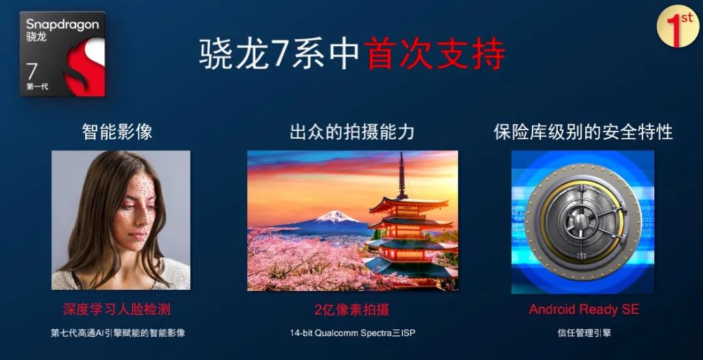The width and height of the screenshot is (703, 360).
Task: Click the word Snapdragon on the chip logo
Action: pos(62,25)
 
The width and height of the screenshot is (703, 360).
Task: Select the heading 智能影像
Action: pos(117,132)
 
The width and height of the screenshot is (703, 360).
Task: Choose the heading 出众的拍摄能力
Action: pos(352,132)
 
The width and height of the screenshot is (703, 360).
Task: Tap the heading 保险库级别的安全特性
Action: pos(583,132)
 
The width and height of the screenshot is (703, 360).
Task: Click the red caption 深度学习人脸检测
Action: pos(117,309)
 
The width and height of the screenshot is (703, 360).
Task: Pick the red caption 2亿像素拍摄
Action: pos(351,309)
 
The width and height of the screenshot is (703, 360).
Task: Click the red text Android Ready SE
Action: pos(584,309)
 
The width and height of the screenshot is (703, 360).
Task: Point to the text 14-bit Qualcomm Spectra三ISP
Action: pos(352,333)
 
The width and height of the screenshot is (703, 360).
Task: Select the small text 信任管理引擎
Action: pos(584,333)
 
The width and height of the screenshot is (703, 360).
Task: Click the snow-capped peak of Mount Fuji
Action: pos(336,215)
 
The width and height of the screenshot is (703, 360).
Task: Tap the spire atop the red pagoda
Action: pos(402,171)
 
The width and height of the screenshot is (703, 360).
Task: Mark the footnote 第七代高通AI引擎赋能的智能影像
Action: pos(118,333)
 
